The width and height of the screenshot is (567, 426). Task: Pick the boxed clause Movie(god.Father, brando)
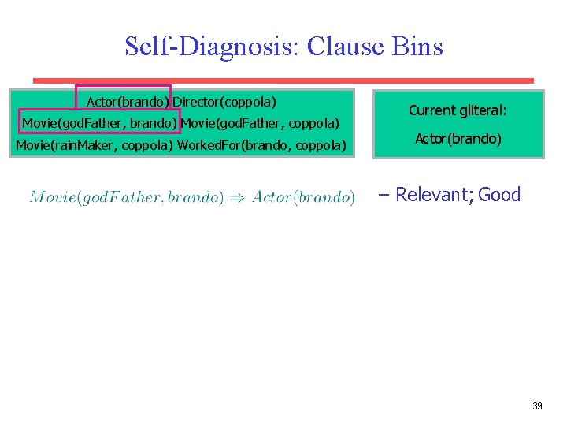(99, 123)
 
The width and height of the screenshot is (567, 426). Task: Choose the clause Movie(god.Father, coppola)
(260, 123)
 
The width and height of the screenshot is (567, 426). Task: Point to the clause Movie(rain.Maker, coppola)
(94, 145)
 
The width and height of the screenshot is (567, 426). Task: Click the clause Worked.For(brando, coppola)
(261, 145)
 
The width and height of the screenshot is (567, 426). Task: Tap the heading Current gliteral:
(458, 111)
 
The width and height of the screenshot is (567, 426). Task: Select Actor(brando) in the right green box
(458, 139)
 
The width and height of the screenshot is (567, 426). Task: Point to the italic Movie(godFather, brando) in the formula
(126, 197)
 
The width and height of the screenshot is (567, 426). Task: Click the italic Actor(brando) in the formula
(303, 197)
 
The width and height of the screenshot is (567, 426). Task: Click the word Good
(499, 195)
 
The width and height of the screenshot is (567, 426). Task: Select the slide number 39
(537, 406)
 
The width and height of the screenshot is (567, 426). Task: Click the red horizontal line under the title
(283, 80)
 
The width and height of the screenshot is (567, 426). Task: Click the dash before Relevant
(384, 195)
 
